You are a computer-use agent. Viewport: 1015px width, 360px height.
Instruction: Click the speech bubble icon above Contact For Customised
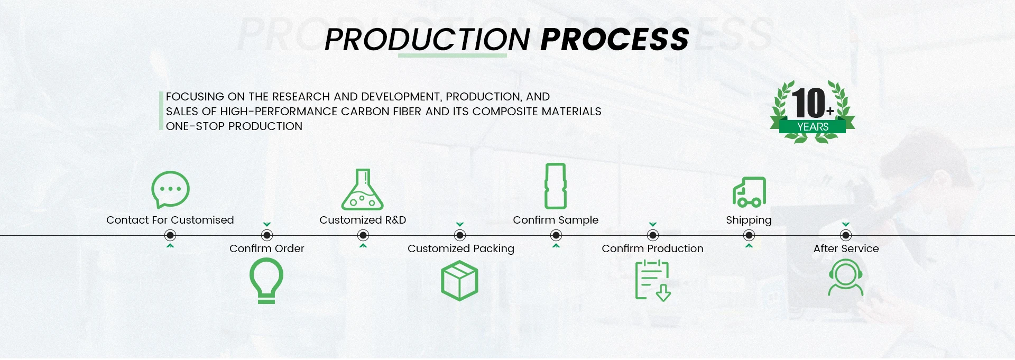(170, 189)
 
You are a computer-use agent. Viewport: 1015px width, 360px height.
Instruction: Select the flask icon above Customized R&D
(362, 190)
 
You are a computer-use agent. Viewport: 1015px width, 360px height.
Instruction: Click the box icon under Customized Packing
(459, 281)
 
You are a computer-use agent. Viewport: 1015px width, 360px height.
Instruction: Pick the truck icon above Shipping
(749, 192)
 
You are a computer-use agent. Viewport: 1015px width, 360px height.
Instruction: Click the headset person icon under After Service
(846, 278)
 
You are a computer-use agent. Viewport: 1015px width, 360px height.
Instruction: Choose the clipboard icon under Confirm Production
(652, 280)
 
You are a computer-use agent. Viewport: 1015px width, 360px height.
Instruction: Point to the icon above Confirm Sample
(556, 186)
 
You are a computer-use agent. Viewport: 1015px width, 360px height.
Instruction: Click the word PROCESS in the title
(615, 40)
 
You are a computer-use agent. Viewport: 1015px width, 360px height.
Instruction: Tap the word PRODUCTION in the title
(427, 40)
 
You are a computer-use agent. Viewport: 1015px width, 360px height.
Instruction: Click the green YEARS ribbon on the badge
(813, 127)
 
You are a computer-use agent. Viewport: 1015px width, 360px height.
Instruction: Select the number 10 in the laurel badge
(808, 103)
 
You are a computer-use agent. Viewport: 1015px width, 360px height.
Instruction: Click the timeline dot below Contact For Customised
(170, 235)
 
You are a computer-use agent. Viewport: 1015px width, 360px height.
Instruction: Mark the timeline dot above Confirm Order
(267, 235)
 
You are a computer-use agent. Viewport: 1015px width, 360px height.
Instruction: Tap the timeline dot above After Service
(846, 235)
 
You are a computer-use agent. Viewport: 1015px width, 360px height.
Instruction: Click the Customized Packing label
(460, 248)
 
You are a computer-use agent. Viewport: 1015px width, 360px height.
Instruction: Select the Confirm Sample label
(556, 220)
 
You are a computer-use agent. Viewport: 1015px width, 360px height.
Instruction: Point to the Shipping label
(749, 220)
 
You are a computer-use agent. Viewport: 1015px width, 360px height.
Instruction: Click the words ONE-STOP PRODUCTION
(234, 126)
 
